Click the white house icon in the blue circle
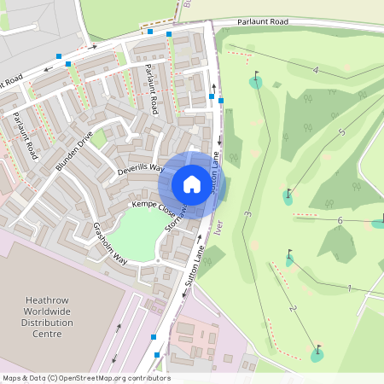[191, 184]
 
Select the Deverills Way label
[141, 169]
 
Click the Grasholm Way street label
[110, 243]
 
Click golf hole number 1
[350, 288]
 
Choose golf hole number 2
[293, 308]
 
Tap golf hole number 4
[315, 69]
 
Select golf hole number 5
[341, 131]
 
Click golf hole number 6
[340, 220]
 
